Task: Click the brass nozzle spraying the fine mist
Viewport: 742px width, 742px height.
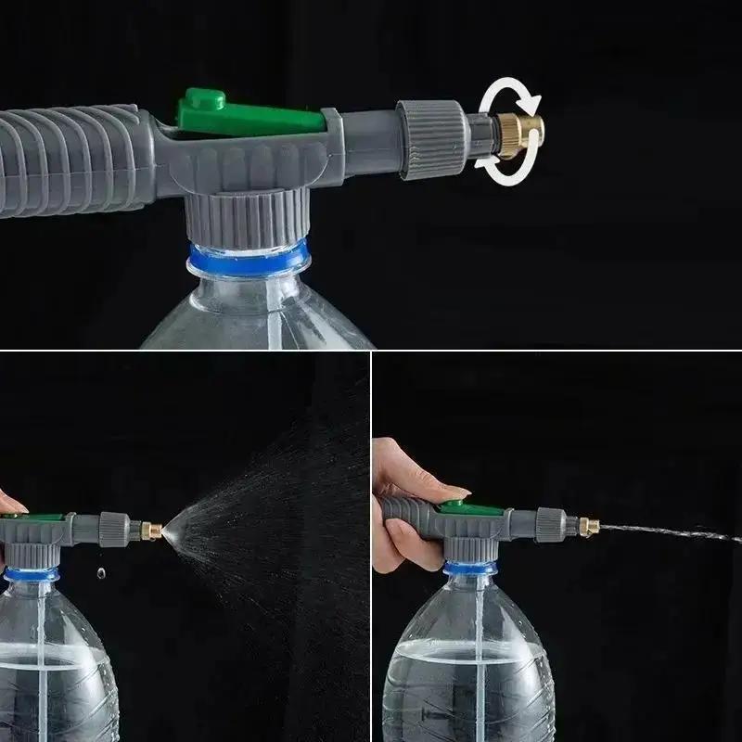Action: (x=149, y=531)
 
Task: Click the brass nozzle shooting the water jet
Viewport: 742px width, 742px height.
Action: (x=586, y=526)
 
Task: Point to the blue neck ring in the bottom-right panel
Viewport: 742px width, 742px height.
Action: (x=473, y=569)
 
